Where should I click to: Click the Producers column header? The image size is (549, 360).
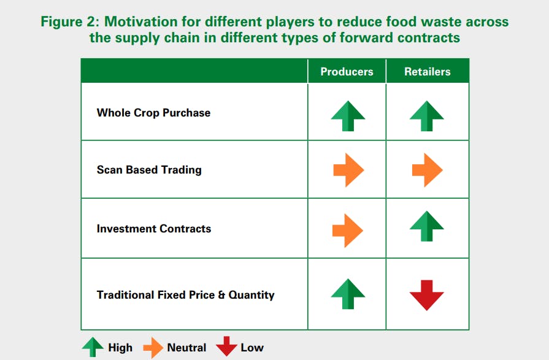click(347, 71)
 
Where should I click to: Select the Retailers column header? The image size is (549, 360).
click(427, 71)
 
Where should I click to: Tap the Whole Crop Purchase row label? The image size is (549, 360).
click(153, 113)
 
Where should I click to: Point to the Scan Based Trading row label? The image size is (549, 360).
click(149, 170)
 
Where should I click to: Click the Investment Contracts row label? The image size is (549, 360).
click(154, 229)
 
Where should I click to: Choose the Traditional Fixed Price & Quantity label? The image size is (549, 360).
click(186, 295)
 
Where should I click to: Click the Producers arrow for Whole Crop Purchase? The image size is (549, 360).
click(348, 116)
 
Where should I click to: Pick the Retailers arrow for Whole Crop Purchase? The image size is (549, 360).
click(427, 116)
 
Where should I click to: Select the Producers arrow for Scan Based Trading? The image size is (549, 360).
click(349, 170)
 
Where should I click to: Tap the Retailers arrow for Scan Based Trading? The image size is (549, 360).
click(428, 170)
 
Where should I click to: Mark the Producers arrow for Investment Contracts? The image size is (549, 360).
click(348, 231)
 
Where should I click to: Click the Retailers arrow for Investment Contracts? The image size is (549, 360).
click(427, 226)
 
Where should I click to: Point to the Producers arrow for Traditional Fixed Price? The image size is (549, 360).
click(348, 294)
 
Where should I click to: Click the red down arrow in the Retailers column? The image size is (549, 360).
click(427, 295)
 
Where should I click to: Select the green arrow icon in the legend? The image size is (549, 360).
click(93, 347)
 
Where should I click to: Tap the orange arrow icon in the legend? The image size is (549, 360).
click(153, 348)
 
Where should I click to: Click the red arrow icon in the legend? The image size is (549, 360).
click(226, 347)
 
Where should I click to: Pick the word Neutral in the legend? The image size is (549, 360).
click(186, 347)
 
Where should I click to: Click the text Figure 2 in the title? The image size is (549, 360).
click(71, 21)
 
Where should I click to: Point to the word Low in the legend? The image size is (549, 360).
click(252, 347)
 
